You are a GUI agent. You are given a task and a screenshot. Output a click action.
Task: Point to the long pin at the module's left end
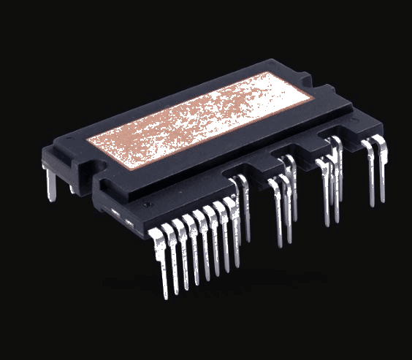50,183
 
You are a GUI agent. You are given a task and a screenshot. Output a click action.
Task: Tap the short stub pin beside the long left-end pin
72,187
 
